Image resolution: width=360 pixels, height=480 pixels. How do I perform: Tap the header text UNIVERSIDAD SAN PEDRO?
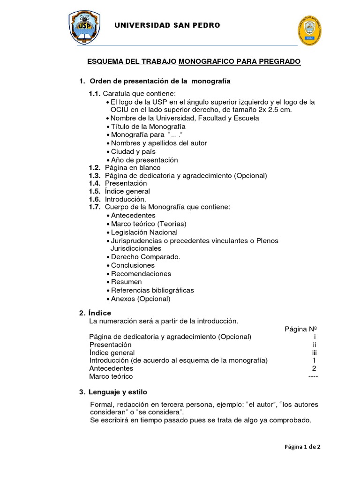click(167, 25)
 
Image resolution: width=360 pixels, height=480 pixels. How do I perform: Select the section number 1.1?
click(95, 93)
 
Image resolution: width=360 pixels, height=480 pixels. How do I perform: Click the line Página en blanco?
click(133, 167)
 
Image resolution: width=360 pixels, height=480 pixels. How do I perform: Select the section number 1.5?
click(95, 191)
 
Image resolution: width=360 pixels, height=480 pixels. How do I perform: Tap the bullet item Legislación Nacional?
click(144, 232)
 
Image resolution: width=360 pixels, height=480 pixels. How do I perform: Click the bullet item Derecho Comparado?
click(145, 257)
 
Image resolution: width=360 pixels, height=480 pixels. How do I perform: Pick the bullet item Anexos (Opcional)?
click(141, 299)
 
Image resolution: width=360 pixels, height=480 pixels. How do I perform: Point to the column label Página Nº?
click(301, 329)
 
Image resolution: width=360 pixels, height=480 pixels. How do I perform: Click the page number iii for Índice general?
click(315, 352)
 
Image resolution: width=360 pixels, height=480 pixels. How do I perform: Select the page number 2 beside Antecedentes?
click(314, 368)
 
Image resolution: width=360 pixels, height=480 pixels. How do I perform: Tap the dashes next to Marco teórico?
click(313, 376)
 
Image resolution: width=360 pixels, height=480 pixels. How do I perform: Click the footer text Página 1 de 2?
click(302, 447)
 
